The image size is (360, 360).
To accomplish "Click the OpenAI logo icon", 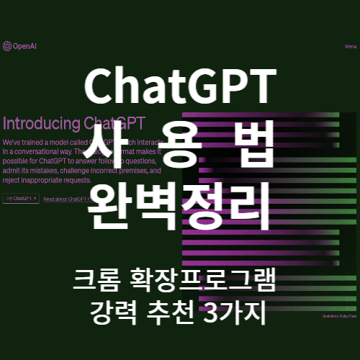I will point(6,47).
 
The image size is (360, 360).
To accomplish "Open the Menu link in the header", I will point(351,47).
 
